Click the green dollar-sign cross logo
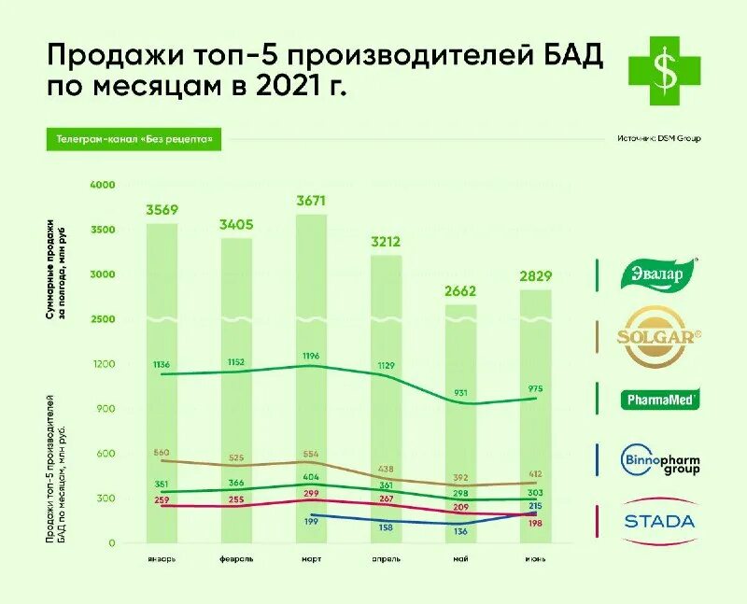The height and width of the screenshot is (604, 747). point(664,67)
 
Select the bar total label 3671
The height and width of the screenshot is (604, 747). point(312,201)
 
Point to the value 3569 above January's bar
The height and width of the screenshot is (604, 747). point(162,209)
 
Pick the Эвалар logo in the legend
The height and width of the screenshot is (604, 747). point(661,274)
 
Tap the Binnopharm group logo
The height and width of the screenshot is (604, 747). point(661,460)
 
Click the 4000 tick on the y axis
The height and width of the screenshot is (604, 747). point(103,185)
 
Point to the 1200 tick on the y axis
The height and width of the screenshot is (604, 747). point(103,364)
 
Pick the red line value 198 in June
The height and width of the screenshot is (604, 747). point(535,524)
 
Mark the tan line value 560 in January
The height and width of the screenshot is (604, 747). point(162,451)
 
